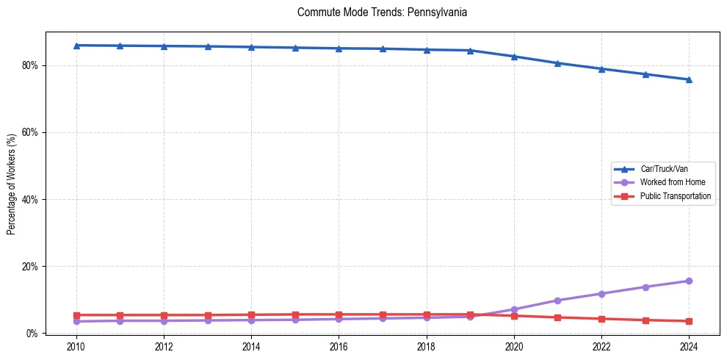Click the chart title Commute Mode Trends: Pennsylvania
[382, 13]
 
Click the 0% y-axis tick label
[32, 333]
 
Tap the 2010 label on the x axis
[76, 346]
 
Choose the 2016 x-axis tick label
[339, 346]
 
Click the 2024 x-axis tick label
[689, 346]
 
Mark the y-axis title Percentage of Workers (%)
[12, 184]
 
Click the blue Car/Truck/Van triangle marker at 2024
[689, 79]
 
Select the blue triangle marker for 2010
[76, 46]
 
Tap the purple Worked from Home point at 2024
[689, 281]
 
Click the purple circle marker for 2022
[601, 294]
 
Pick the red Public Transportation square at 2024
[689, 321]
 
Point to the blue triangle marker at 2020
[514, 57]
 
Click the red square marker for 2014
[251, 314]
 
